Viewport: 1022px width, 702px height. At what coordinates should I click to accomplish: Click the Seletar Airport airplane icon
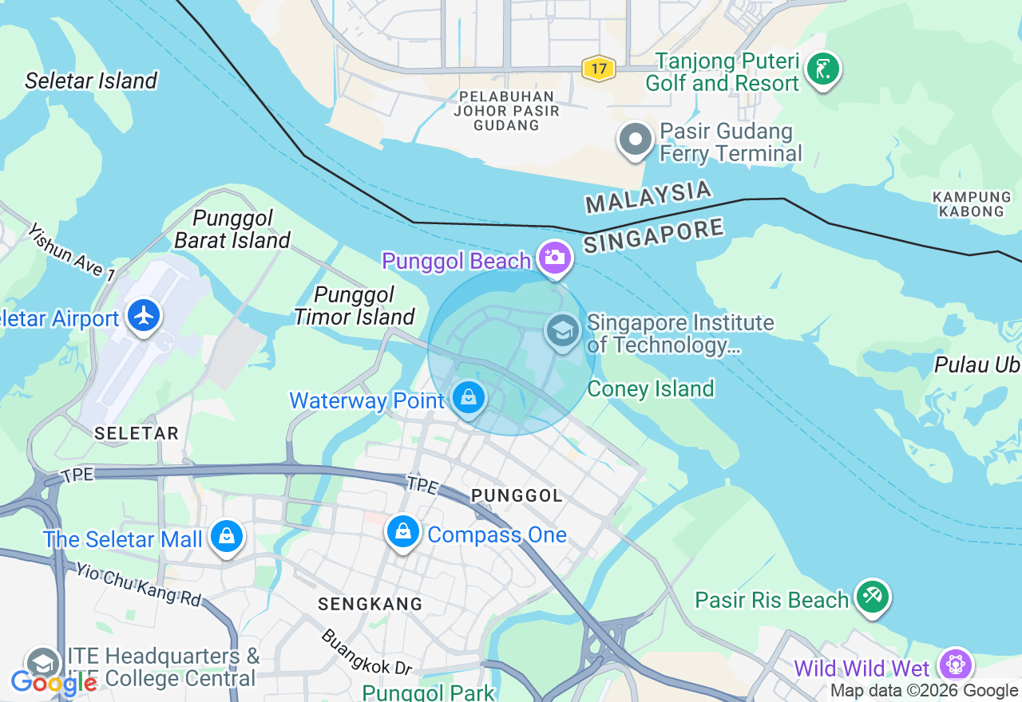(144, 315)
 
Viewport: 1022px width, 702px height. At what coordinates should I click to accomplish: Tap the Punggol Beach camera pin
(554, 257)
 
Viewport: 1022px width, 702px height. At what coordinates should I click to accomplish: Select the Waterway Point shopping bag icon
(469, 396)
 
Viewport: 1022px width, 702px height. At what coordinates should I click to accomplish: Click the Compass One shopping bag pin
(403, 531)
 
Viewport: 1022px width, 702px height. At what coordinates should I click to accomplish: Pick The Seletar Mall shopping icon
(227, 536)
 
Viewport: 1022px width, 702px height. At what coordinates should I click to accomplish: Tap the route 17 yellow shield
(598, 69)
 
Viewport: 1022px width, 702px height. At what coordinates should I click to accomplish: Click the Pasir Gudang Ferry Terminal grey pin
(636, 140)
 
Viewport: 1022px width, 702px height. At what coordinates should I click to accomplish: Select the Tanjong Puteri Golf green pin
(822, 69)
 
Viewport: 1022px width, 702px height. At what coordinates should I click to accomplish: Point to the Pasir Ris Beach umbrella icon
(872, 596)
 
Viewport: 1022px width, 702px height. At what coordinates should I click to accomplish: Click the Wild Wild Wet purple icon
(955, 665)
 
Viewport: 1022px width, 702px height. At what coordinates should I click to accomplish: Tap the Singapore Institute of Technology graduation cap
(563, 330)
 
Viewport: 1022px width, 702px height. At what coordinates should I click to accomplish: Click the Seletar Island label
(91, 81)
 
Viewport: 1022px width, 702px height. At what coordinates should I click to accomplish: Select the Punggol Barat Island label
(232, 229)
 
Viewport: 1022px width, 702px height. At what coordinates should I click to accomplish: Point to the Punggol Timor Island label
(355, 306)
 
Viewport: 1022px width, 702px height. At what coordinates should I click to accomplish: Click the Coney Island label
(651, 388)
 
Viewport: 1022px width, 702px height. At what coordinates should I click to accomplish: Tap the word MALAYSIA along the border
(648, 197)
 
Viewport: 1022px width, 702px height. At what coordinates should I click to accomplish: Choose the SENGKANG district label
(370, 604)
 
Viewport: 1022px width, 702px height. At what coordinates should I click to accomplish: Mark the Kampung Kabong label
(972, 203)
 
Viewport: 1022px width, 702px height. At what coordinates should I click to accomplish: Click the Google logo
(53, 683)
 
